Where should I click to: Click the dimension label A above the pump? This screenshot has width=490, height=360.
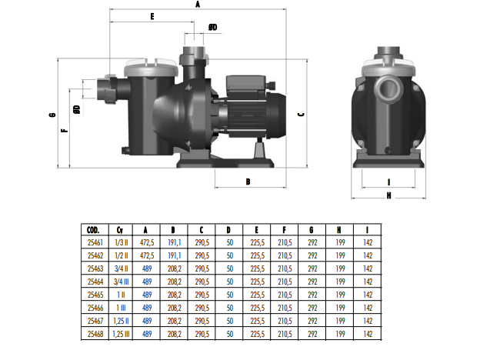coord(198,5)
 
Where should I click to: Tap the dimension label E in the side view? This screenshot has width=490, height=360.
coord(152,16)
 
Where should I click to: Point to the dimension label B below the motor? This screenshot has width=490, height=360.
coord(248,182)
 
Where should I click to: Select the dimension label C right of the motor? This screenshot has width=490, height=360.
coord(302,115)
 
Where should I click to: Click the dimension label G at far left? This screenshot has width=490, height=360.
coord(52,115)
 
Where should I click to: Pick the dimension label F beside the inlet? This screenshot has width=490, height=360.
coord(65,130)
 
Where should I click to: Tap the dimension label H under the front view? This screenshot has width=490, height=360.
coord(388,195)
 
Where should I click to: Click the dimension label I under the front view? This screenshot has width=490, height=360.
coord(388,182)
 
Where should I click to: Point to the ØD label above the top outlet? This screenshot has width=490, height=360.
coord(213,28)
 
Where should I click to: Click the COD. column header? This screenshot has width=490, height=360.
coord(93,230)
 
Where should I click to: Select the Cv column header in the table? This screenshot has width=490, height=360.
coord(120,230)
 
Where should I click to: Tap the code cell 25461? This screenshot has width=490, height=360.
coord(95,242)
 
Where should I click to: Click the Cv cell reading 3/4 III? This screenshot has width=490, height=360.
coord(121,282)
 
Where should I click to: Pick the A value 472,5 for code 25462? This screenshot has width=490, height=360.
coord(147,255)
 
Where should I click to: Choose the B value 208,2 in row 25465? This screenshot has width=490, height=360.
coord(175,295)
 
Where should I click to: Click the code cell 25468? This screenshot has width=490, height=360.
coord(95,334)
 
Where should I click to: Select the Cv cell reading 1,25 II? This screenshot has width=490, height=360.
coord(121,321)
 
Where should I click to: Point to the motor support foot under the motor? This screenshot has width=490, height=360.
coord(259,149)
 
